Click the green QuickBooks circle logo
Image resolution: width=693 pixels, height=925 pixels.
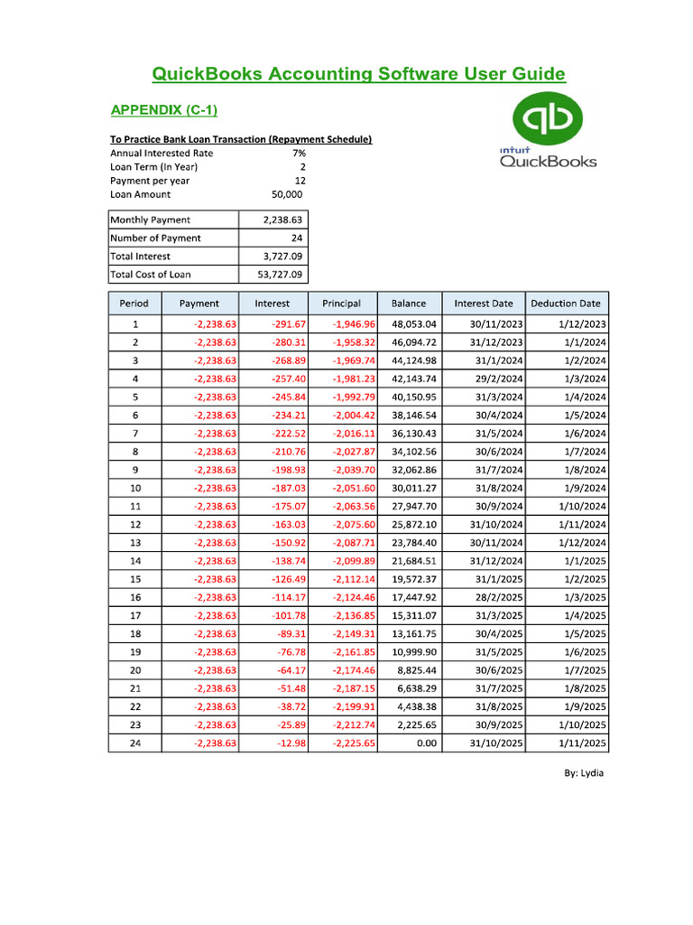(548, 119)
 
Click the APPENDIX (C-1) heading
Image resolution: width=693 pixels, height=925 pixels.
(163, 110)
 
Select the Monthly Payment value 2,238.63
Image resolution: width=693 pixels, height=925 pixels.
(282, 220)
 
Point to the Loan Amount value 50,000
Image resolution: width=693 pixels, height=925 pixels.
(287, 194)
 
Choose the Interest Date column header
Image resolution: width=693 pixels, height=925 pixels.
(484, 304)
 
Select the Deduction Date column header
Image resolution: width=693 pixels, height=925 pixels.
(565, 304)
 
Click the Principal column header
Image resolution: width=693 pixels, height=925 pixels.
(341, 304)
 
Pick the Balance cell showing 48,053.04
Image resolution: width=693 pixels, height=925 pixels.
(414, 323)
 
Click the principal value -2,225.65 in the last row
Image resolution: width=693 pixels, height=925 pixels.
(353, 743)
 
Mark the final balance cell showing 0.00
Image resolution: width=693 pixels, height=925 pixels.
(427, 743)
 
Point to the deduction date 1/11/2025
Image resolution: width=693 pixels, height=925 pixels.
(581, 743)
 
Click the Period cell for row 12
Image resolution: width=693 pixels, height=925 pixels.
(135, 524)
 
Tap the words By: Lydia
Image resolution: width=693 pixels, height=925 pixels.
(585, 773)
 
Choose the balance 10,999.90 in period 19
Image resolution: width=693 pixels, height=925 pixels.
(414, 651)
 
